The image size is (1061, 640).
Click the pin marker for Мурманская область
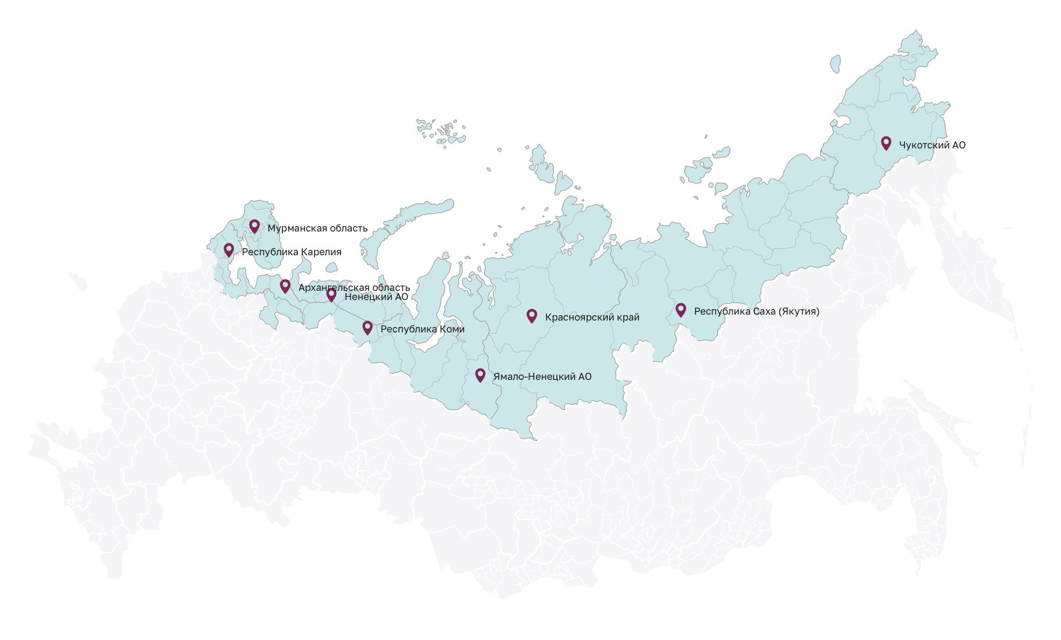254,226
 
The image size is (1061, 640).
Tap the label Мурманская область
317,228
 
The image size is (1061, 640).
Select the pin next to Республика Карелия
229,249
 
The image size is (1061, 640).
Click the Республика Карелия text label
291,252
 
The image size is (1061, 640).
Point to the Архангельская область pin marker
285,285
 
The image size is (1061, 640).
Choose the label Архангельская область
354,288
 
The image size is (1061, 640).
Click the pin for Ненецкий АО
331,294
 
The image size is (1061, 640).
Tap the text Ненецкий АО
376,297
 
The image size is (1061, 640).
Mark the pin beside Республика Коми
368,327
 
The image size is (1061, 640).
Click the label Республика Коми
423,329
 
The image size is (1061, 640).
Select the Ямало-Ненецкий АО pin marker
480,375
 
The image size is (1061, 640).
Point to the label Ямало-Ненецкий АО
542,377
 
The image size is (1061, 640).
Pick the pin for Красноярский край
532,315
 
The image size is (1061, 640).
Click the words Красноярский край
592,317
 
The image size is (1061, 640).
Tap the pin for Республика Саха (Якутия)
681,309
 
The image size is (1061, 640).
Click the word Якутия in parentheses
799,311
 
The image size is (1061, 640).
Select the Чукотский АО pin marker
886,142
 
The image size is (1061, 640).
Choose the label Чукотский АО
932,145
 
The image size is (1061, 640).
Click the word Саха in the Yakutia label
759,311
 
